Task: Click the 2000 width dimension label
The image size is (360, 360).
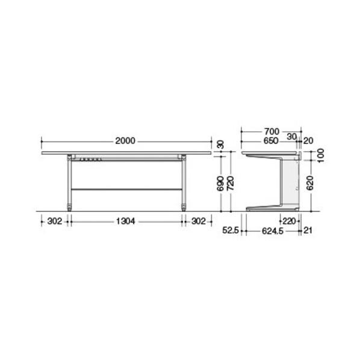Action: point(125,141)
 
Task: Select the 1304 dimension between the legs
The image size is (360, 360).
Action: point(126,222)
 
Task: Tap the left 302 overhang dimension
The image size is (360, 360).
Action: point(55,222)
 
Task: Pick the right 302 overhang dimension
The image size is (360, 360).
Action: point(199,222)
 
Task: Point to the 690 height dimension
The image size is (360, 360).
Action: point(220,184)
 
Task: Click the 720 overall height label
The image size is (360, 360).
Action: point(231,184)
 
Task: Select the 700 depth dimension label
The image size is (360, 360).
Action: point(272,132)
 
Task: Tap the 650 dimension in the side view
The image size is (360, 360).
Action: point(271,141)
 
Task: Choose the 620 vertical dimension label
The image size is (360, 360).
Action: point(310,183)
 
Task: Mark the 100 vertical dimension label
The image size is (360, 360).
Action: point(321,155)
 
